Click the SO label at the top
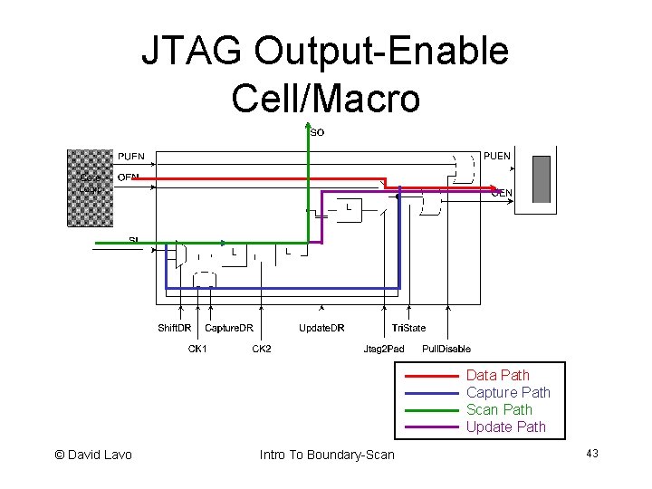pos(317,132)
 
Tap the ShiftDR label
pos(175,328)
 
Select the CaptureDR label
pos(229,328)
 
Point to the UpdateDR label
pos(321,328)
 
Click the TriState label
pos(408,328)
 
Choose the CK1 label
pos(197,349)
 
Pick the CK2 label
pos(262,349)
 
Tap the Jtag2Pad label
pos(383,349)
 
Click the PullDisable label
pos(446,349)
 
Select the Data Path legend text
pos(497,375)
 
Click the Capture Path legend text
pos(508,392)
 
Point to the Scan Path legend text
pos(499,409)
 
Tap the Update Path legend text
pos(505,427)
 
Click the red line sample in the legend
pos(430,375)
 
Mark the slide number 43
pos(592,453)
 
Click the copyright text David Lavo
pos(93,455)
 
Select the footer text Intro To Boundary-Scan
pos(327,455)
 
